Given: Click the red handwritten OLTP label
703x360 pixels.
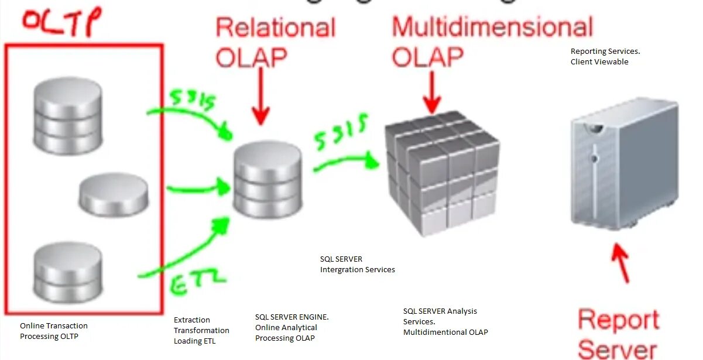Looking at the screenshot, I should click(x=61, y=23).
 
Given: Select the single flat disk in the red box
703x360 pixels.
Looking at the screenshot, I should click(x=114, y=195).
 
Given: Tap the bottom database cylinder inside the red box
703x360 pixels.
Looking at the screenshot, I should click(x=68, y=272).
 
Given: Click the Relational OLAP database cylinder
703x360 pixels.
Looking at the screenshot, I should click(x=268, y=180).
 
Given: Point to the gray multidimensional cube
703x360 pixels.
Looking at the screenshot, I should click(x=442, y=173).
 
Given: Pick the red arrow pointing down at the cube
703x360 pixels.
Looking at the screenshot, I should click(x=432, y=91).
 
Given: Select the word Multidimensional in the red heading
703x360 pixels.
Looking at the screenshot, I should click(x=492, y=28).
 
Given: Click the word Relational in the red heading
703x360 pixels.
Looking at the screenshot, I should click(x=275, y=28).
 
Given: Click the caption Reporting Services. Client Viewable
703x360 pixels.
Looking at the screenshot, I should click(x=605, y=56).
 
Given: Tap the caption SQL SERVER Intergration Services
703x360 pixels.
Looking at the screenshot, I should click(x=357, y=264).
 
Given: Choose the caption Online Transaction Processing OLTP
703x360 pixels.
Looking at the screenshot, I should click(x=54, y=331).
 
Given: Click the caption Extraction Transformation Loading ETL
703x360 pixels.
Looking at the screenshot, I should click(x=201, y=330).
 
